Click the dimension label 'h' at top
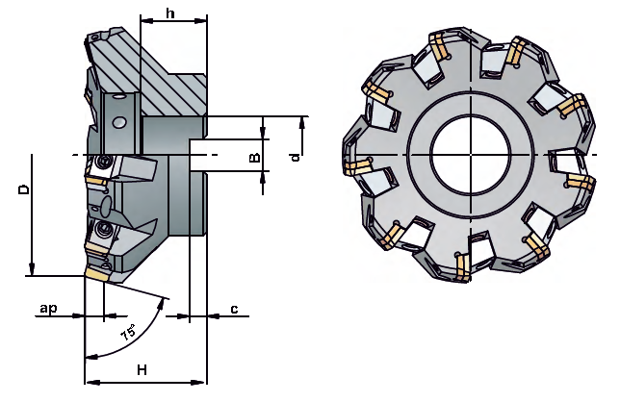[170, 13]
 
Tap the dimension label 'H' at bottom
[142, 370]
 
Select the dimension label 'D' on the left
[24, 188]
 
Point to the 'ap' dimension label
[49, 308]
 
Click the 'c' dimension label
[234, 309]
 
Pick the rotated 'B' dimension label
[255, 157]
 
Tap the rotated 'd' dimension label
[295, 158]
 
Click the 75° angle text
[128, 333]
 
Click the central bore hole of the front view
[471, 154]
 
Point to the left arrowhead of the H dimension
[91, 382]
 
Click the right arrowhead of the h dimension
[200, 20]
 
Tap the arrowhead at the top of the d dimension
[302, 123]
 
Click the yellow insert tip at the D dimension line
[95, 274]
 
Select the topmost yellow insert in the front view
[438, 45]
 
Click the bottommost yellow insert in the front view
[463, 267]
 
